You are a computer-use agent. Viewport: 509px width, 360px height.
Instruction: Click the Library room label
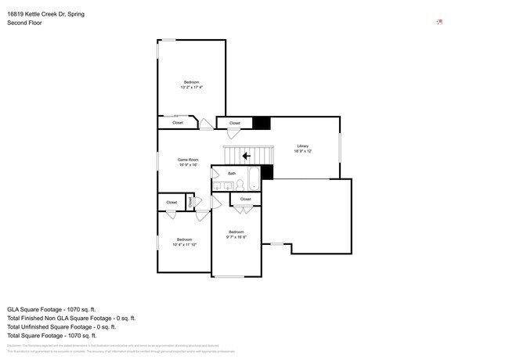tap(303, 146)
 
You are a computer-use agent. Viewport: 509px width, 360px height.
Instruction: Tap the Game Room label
tap(188, 160)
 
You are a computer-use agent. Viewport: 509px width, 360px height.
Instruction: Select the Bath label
tap(232, 173)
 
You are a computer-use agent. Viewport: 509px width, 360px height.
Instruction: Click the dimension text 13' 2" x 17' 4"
tap(191, 88)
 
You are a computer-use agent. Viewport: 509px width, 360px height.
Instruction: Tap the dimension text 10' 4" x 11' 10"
tap(184, 244)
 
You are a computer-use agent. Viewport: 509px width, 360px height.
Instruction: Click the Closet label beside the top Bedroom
tap(178, 123)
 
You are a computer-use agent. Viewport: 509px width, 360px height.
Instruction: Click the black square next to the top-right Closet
tap(260, 123)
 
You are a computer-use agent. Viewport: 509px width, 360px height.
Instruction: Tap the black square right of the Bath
tap(267, 172)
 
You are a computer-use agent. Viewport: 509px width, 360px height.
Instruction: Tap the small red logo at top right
tap(440, 22)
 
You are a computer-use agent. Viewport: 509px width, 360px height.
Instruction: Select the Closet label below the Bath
tap(246, 200)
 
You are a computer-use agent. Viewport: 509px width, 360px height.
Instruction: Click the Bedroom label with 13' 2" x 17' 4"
tap(191, 82)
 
